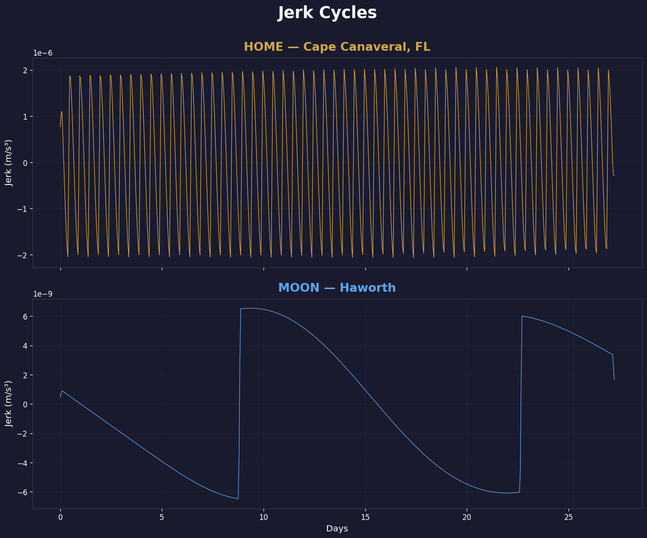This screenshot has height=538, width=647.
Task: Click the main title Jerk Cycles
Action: point(327,13)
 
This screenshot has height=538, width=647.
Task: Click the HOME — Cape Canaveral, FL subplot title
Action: point(337,47)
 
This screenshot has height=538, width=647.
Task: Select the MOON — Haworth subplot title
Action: point(337,288)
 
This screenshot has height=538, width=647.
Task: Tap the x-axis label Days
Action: point(337,529)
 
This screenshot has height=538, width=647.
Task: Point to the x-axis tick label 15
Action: point(365,517)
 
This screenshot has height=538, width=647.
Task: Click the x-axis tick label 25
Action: point(568,517)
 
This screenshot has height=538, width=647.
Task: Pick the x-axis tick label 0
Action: point(60,517)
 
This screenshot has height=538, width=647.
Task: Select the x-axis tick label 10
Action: point(264,517)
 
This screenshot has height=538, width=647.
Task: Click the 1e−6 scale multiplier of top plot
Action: point(43,53)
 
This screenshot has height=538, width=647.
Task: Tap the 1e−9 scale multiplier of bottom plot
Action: point(43,294)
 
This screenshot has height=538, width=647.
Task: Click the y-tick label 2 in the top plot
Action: point(25,71)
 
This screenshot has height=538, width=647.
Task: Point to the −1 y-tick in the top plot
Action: point(22,209)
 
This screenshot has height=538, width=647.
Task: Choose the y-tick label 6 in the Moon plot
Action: point(25,316)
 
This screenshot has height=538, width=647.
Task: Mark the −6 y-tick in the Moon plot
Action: point(22,492)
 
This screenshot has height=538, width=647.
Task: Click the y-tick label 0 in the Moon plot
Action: point(25,404)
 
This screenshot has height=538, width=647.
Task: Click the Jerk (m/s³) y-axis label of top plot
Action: point(9,163)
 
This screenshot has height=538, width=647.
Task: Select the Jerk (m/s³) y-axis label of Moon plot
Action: point(9,404)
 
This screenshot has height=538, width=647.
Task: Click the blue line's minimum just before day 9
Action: point(238,499)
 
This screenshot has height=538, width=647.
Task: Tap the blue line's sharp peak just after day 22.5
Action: point(522,316)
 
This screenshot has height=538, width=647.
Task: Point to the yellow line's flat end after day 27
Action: point(614,175)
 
